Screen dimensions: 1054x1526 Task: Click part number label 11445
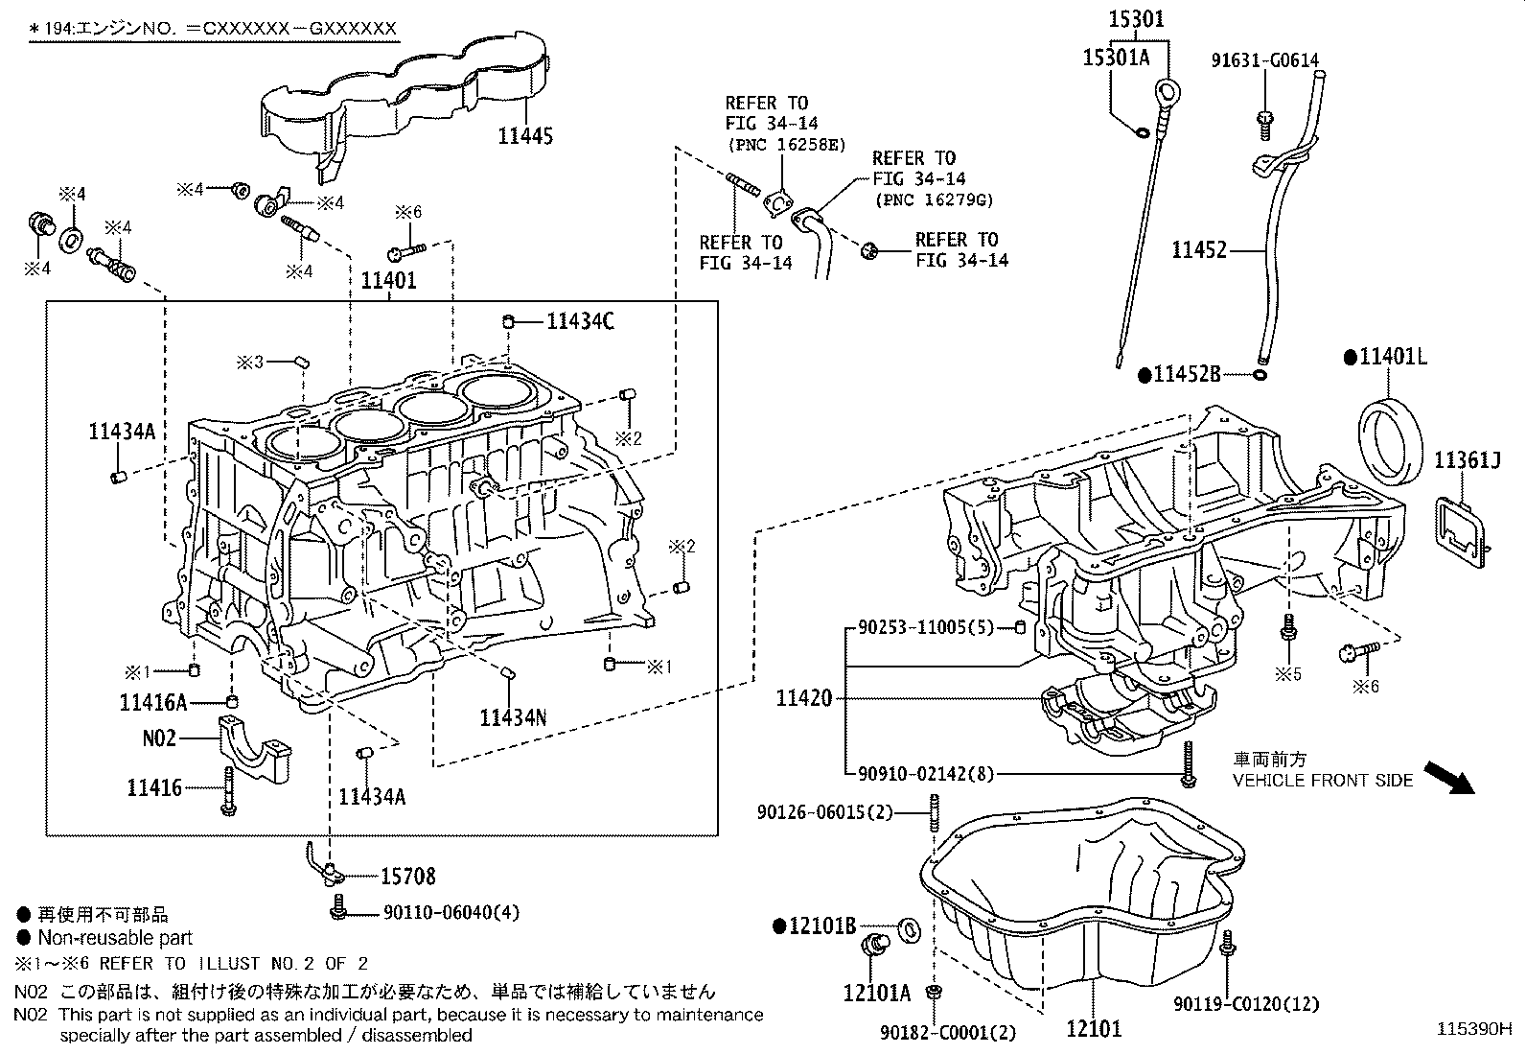524,136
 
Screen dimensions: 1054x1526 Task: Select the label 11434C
580,321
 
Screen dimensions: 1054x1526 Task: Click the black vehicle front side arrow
1446,777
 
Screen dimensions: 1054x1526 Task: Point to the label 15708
407,876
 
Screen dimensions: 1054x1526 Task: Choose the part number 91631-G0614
1263,60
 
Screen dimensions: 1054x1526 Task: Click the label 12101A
876,993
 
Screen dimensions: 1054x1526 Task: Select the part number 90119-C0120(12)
1246,1004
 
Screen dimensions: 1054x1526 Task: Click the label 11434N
513,717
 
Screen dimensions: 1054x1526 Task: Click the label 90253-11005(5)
926,628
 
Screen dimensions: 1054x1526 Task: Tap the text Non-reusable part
115,938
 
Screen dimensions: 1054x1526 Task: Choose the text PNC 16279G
934,199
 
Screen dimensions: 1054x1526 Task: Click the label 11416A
153,703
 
